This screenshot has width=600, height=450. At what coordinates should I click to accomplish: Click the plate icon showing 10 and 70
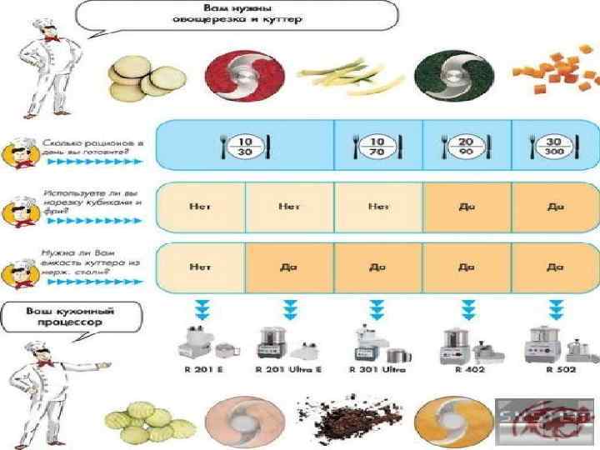(x=377, y=147)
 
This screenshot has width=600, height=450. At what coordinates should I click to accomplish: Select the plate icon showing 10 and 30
(x=244, y=147)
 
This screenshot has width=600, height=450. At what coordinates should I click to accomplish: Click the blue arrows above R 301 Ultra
(x=377, y=309)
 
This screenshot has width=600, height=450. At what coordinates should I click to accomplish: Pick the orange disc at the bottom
(x=447, y=419)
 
